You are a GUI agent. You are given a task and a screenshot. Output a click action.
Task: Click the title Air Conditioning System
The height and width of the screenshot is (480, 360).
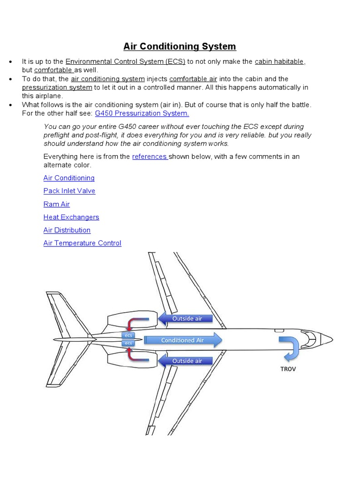tap(180, 46)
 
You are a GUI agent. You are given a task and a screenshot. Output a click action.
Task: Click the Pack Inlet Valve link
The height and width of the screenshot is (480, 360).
tap(69, 191)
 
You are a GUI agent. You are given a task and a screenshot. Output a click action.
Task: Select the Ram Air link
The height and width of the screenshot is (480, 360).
tap(56, 204)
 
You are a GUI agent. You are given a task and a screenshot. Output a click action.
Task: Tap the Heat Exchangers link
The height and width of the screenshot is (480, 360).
tap(71, 217)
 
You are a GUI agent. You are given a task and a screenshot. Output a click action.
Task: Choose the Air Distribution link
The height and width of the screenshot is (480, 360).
tap(67, 230)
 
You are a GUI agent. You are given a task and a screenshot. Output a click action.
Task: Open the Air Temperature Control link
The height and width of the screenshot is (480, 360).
tap(82, 243)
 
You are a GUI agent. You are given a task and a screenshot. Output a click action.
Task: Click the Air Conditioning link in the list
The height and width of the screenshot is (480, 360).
tap(69, 178)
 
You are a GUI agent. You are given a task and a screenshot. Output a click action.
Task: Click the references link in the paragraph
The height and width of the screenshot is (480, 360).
tap(150, 157)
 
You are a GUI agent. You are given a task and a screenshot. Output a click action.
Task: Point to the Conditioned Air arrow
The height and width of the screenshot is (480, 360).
tap(183, 340)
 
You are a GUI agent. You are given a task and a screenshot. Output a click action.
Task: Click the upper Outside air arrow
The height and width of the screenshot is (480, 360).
tap(186, 319)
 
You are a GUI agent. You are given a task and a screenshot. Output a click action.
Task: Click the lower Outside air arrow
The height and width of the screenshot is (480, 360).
tap(186, 361)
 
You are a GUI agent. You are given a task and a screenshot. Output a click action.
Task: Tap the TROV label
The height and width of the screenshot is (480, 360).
tap(288, 369)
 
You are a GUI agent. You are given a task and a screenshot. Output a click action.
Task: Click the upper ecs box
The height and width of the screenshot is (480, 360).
tap(128, 336)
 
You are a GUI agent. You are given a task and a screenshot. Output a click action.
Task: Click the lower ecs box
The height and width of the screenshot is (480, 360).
tap(128, 343)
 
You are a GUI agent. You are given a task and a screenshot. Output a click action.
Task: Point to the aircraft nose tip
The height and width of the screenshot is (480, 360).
tap(332, 338)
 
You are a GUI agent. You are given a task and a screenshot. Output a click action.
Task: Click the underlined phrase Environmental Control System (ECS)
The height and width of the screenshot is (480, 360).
tap(126, 62)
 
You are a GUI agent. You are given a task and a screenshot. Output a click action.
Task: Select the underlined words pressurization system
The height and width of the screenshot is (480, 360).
tap(57, 88)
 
